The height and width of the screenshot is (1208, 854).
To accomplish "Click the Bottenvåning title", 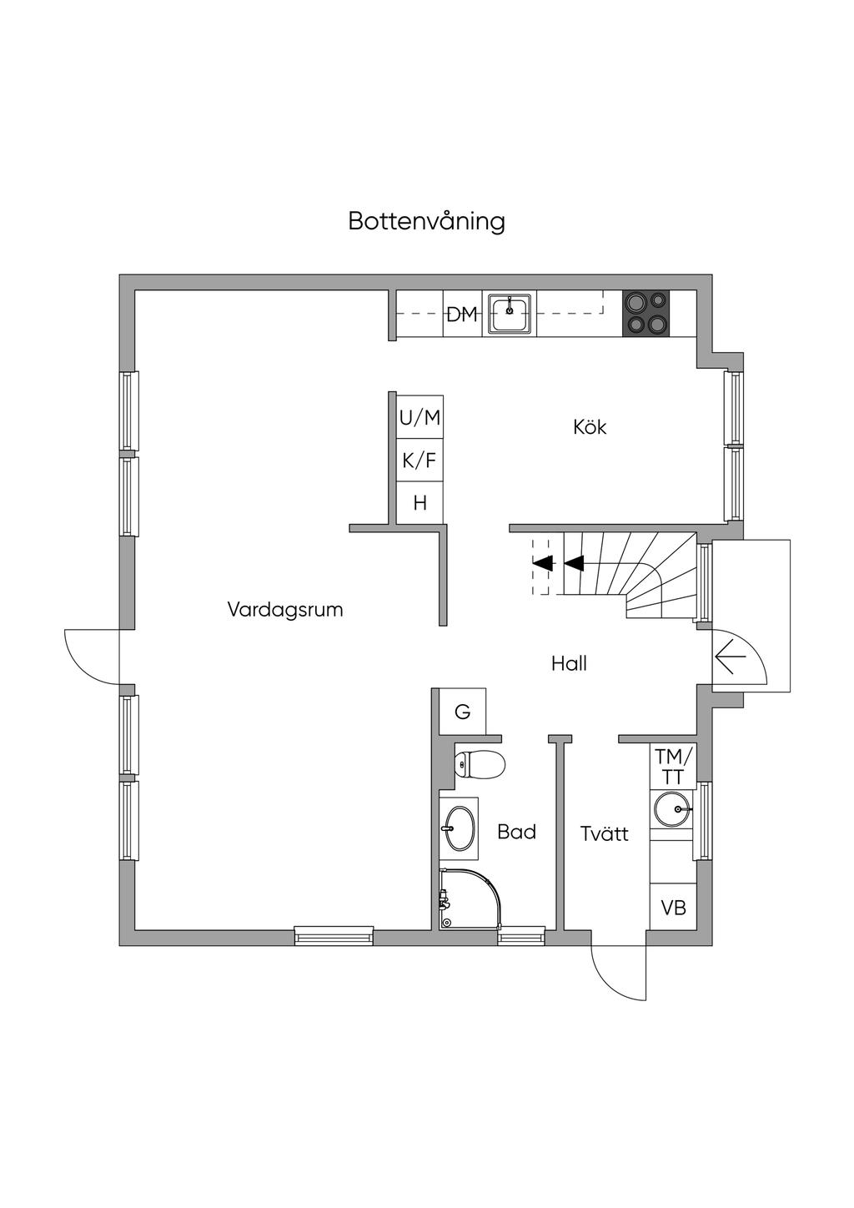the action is click(426, 222).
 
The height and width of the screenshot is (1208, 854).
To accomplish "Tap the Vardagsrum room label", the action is click(285, 610).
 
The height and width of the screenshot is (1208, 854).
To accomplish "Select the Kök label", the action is click(590, 427).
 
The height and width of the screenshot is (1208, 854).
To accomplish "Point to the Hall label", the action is click(569, 664).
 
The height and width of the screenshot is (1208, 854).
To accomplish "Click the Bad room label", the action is click(516, 832).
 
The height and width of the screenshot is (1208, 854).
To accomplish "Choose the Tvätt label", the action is click(604, 833).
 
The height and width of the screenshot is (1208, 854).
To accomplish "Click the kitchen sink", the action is click(510, 314).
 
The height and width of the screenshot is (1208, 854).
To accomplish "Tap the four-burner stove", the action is click(646, 313).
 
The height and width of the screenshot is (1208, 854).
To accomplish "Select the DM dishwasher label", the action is click(462, 315).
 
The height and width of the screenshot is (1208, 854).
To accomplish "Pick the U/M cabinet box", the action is click(419, 417).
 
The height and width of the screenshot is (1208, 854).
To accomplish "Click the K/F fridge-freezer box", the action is click(419, 461).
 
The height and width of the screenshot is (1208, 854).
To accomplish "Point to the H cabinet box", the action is click(419, 503).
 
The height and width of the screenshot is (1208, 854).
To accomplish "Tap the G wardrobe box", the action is click(463, 712).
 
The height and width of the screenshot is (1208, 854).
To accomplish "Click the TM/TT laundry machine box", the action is click(672, 766).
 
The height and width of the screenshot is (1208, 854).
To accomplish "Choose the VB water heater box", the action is click(673, 907).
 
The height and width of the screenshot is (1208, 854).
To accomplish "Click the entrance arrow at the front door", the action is click(730, 657).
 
